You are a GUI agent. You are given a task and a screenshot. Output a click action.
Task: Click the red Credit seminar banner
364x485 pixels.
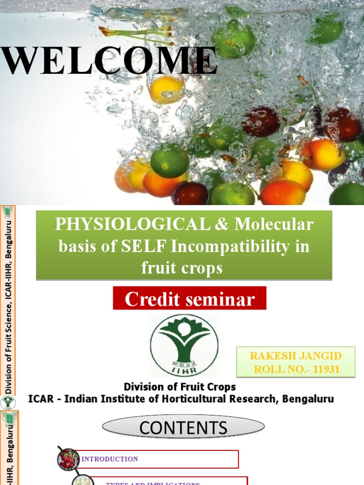pos(190,299)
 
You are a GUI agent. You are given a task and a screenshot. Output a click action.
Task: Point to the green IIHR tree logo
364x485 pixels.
pos(184,345)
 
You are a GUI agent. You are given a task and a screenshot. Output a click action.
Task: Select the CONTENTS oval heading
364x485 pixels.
pos(183,428)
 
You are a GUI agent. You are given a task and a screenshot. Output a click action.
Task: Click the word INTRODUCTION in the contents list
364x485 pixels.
pos(110,459)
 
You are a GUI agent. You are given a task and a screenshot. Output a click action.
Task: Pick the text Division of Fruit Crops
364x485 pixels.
pos(180,386)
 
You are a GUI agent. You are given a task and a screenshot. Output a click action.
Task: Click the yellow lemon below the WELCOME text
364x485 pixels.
pos(166,90)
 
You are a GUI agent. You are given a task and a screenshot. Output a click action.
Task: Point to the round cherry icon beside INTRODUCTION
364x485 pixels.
pos(69,459)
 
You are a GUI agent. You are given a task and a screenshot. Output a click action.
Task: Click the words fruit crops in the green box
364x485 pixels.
pos(182,268)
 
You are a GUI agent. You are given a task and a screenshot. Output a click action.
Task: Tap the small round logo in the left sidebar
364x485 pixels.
pos(8,403)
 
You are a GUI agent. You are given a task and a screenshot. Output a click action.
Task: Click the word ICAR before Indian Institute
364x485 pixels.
pos(43,399)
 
